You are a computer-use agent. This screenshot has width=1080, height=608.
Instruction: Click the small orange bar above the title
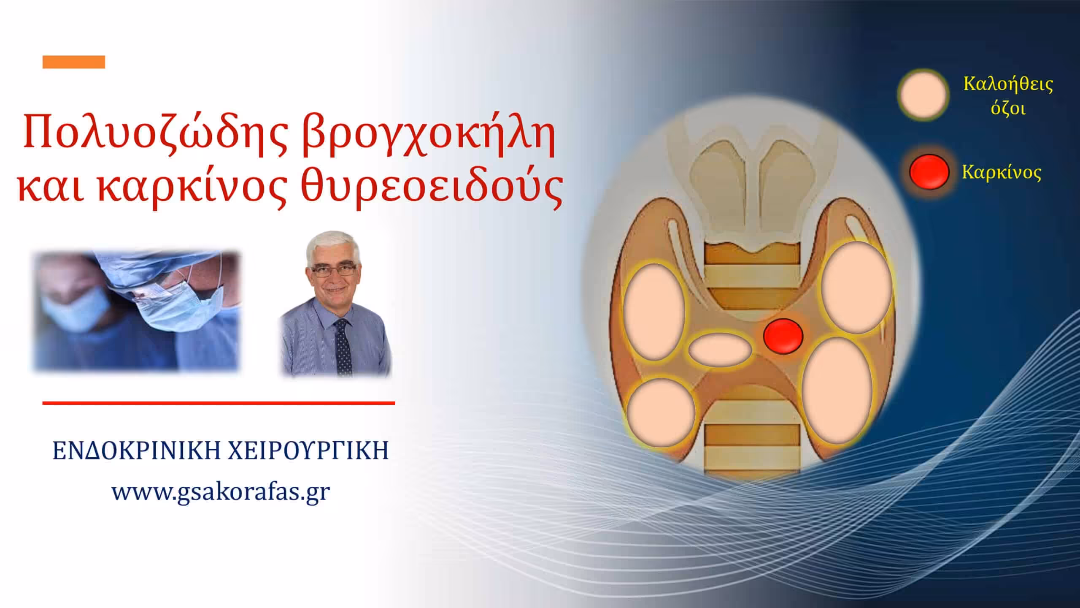click(x=74, y=62)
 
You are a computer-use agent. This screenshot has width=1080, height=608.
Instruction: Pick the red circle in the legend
click(x=929, y=171)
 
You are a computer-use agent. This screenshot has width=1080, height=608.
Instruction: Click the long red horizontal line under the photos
click(x=219, y=403)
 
